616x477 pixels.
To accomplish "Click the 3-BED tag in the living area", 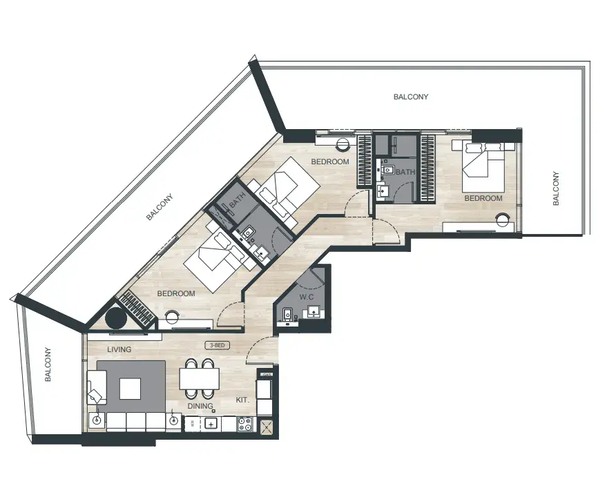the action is pyautogui.click(x=218, y=345).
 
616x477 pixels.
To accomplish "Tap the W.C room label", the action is pyautogui.click(x=307, y=297).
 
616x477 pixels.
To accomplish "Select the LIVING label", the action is pyautogui.click(x=119, y=349).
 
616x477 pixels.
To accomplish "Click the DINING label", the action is pyautogui.click(x=200, y=405).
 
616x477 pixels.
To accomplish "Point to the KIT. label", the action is pyautogui.click(x=242, y=400).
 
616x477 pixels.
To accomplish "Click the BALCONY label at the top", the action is pyautogui.click(x=411, y=97).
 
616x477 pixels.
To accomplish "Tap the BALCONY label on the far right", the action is pyautogui.click(x=556, y=188).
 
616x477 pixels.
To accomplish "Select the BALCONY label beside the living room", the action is pyautogui.click(x=48, y=364).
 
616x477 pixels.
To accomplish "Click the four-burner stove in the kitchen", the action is pyautogui.click(x=246, y=424).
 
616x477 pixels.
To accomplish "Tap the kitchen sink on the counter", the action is pyautogui.click(x=211, y=424).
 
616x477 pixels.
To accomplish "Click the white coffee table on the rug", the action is pyautogui.click(x=130, y=389).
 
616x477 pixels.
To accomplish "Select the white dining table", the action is pyautogui.click(x=200, y=378).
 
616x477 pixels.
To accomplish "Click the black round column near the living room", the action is pyautogui.click(x=116, y=318).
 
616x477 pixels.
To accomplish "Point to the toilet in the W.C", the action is pyautogui.click(x=287, y=315).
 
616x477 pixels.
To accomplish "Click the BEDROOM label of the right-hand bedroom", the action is pyautogui.click(x=483, y=198).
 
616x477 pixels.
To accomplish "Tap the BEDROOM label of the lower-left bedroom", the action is pyautogui.click(x=176, y=293).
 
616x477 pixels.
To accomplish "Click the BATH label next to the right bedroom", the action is pyautogui.click(x=405, y=172).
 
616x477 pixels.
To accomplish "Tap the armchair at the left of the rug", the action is pyautogui.click(x=97, y=387).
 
